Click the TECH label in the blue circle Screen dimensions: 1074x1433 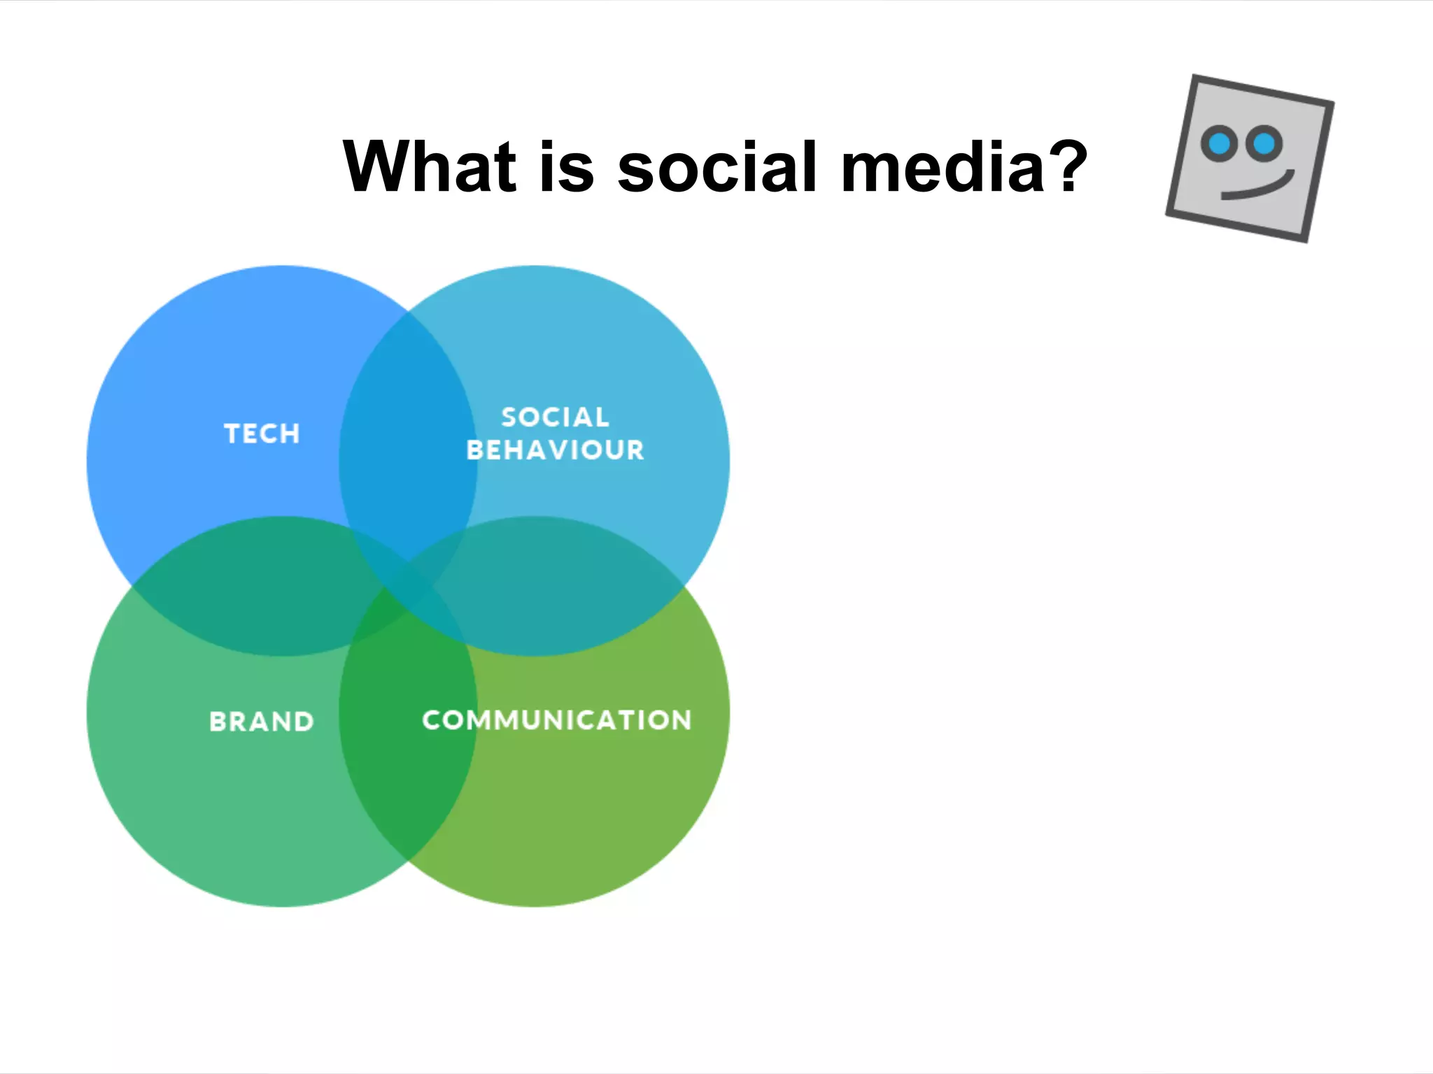[262, 434]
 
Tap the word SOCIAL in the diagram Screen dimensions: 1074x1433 [556, 417]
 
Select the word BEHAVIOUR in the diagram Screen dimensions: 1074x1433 [556, 450]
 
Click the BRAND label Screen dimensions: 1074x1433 [262, 722]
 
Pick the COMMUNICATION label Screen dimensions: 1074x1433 [557, 720]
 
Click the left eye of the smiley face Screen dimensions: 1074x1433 [1219, 144]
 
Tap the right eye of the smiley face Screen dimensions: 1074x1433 [1264, 144]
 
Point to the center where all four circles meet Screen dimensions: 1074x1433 [409, 587]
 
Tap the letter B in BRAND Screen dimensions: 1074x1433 [218, 722]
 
